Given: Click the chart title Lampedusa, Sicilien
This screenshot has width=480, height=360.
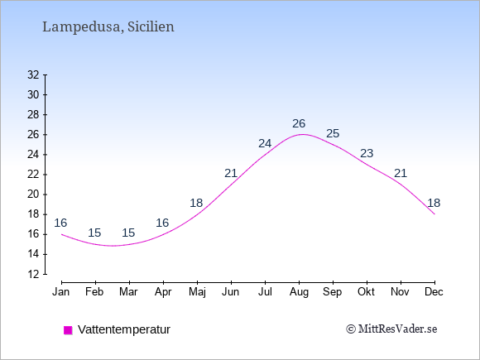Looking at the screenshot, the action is point(108,27).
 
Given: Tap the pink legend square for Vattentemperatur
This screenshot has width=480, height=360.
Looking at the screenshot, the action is point(68,330).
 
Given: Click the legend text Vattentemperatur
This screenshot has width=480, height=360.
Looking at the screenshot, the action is point(124,329).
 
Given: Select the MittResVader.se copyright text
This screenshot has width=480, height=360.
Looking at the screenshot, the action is point(391,329).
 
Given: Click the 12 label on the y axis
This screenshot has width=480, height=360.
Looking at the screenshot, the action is point(33,274).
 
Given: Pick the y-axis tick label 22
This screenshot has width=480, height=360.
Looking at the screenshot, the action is point(33,175).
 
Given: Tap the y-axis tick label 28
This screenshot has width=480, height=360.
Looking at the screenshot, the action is point(33,115).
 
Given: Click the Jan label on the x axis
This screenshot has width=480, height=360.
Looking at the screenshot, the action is point(61,292).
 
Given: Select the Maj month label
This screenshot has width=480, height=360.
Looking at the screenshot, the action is point(197,292).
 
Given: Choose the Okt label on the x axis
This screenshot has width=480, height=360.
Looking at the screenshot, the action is point(366,292).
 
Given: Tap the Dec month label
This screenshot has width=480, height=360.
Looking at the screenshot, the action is point(434,292).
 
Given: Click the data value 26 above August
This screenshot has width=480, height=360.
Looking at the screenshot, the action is point(299,123).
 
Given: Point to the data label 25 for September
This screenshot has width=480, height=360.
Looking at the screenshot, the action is point(333,133).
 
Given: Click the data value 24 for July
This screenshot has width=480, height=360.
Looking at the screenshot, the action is point(265,143).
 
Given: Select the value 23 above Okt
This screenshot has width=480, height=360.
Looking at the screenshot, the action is point(367,153).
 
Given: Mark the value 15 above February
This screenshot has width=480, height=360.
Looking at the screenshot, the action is point(94,233).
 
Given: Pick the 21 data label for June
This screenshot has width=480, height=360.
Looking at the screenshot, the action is point(231,174).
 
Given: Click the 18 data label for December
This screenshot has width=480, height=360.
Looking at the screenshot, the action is point(434,203).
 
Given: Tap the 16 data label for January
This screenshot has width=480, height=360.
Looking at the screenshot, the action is point(60,223).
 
